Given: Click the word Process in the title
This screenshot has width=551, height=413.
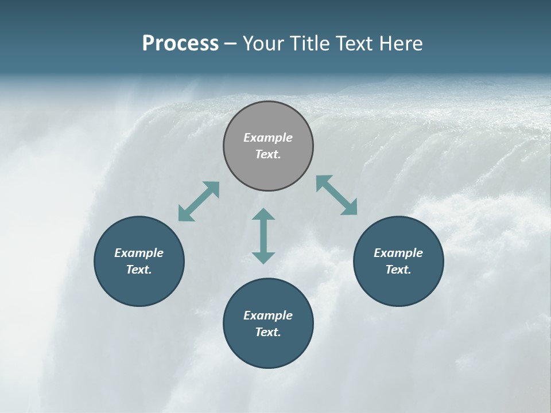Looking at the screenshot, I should pyautogui.click(x=180, y=44).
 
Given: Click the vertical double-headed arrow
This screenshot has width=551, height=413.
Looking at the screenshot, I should pyautogui.click(x=263, y=236).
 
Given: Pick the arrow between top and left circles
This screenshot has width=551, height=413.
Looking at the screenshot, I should pyautogui.click(x=199, y=201).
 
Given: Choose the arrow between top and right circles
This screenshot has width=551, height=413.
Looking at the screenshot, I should pyautogui.click(x=337, y=195).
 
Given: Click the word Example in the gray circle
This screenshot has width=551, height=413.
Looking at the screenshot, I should pyautogui.click(x=268, y=138).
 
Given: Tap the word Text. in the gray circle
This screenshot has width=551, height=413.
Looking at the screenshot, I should pyautogui.click(x=268, y=154).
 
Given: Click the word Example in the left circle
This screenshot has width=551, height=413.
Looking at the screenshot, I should pyautogui.click(x=139, y=253).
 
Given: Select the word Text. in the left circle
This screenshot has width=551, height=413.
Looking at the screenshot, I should pyautogui.click(x=139, y=270).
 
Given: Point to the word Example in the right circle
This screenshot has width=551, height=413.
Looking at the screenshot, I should pyautogui.click(x=398, y=253).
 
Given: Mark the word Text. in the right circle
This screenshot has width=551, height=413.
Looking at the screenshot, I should pyautogui.click(x=398, y=270).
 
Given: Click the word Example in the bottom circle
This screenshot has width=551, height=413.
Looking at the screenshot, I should pyautogui.click(x=268, y=315).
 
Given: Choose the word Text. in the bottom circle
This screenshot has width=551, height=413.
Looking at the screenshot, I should pyautogui.click(x=268, y=332).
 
